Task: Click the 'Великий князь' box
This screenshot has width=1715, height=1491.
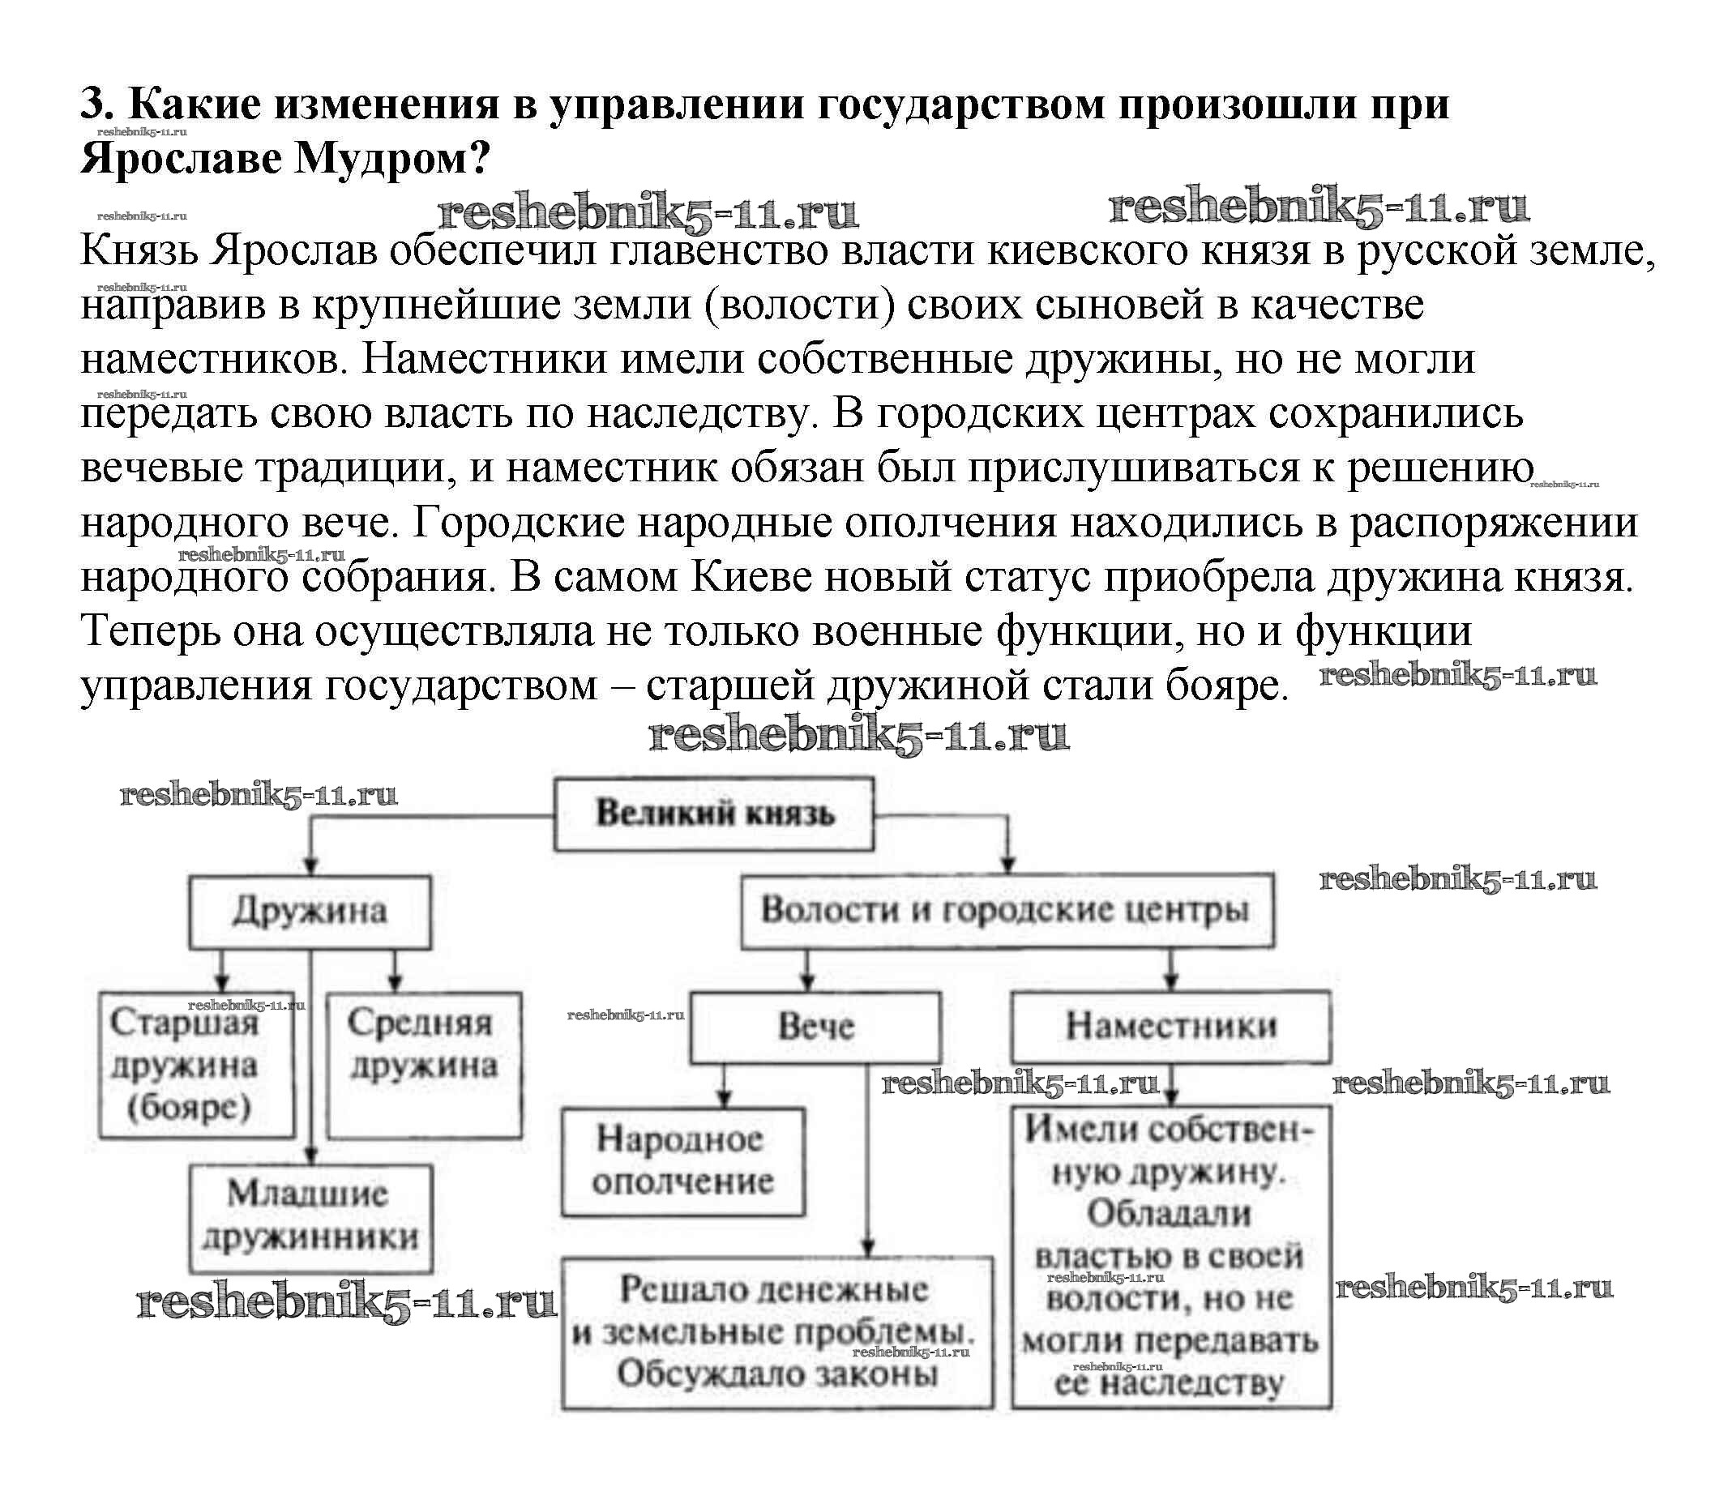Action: [714, 814]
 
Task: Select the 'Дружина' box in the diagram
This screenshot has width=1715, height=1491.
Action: [310, 911]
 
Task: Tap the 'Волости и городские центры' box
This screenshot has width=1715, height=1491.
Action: [1006, 909]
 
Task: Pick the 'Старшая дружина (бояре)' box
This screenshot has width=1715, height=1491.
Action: [196, 1065]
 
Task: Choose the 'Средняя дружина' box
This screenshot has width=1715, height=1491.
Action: [424, 1065]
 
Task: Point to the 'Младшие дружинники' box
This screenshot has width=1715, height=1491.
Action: [310, 1217]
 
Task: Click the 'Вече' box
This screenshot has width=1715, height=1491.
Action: [815, 1027]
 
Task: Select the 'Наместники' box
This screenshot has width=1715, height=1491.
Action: [1170, 1026]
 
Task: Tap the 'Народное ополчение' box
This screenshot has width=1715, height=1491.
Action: [682, 1160]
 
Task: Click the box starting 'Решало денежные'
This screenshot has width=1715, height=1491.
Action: [776, 1332]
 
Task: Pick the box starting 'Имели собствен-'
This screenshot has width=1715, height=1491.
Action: [1170, 1256]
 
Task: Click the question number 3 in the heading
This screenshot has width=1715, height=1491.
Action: [96, 105]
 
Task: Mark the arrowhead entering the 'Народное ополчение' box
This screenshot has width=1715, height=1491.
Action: [724, 1100]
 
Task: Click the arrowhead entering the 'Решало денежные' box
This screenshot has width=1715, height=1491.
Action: [867, 1249]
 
